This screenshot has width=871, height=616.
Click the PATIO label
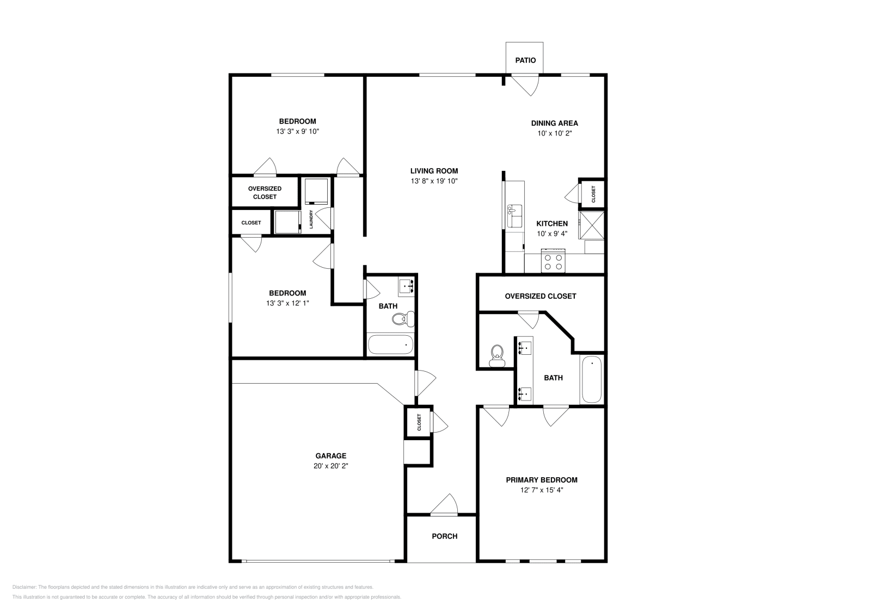(x=525, y=60)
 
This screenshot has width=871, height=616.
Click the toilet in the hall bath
(x=403, y=319)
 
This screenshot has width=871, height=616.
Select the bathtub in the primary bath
(x=591, y=379)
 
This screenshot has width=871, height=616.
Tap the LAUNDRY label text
(x=311, y=219)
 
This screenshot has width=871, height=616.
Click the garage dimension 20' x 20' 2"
(x=330, y=466)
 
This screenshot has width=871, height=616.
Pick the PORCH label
(x=444, y=536)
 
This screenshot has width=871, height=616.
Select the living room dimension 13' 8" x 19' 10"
(x=434, y=181)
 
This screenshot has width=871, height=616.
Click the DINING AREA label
(x=554, y=123)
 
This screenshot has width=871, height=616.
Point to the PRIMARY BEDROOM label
(x=541, y=480)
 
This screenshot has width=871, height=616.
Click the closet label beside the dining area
(x=593, y=194)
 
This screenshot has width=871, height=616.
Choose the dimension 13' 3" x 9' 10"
(x=297, y=131)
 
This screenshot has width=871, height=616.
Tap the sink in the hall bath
(x=406, y=285)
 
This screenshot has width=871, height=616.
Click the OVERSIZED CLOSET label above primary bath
(x=540, y=296)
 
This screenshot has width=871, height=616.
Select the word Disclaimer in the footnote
(x=23, y=587)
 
